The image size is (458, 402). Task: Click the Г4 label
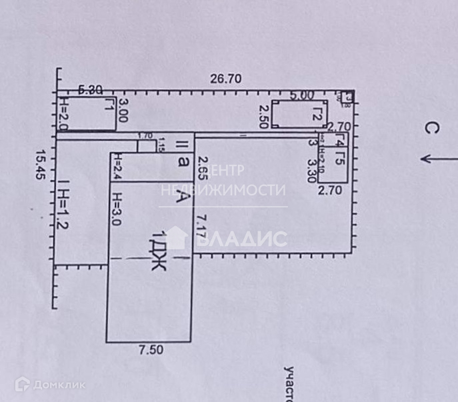pos(339,141)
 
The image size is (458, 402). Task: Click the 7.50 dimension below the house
pos(150,349)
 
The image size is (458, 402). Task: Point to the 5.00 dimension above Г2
pos(299,96)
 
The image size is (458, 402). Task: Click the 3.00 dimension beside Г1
pos(123,111)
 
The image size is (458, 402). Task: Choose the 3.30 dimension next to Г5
pos(310,170)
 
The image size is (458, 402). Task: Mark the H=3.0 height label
pos(117,213)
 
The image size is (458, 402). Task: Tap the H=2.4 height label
pos(116,167)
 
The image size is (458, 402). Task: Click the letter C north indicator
pos(431,129)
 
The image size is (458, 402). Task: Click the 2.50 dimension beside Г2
pos(264,117)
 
